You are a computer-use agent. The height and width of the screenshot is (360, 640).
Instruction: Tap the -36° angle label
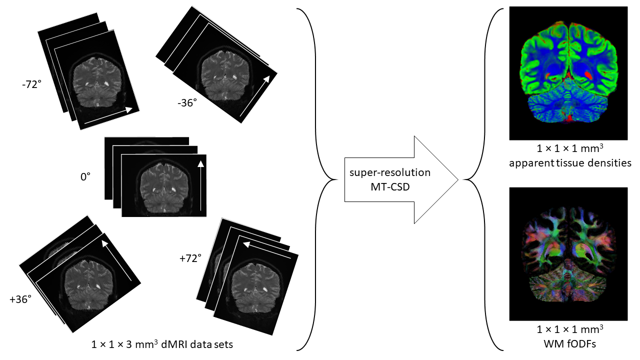coord(187,103)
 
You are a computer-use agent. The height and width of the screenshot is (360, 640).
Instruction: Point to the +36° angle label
coord(20,299)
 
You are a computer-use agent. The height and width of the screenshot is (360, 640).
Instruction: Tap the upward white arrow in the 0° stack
coord(201,185)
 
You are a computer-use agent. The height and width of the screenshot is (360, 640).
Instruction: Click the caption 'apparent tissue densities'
coord(568,162)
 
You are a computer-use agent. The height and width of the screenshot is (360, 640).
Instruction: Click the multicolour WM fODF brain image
coord(568,254)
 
